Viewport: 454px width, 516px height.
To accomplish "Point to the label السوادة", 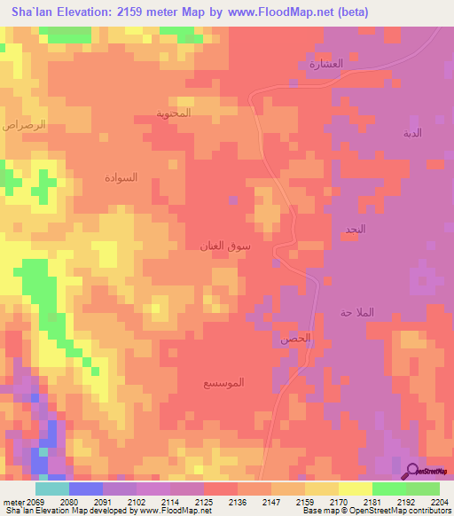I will (x=121, y=177).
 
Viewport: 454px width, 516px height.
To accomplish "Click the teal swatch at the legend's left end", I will (x=52, y=489).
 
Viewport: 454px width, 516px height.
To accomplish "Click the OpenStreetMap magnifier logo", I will (x=411, y=470).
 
